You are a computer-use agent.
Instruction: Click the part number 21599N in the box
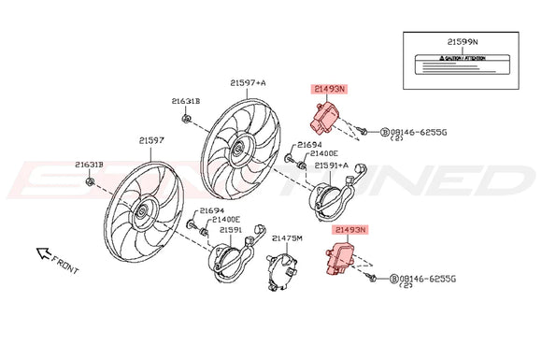pos(462,42)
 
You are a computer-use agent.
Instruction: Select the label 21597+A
pos(248,82)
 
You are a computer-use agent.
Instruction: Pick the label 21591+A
pos(332,165)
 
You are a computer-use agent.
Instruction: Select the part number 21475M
pos(287,238)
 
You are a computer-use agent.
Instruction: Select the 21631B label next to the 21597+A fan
pos(185,100)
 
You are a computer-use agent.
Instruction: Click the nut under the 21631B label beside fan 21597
pos(89,180)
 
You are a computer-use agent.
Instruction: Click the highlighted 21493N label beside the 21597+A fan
pos(329,90)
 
